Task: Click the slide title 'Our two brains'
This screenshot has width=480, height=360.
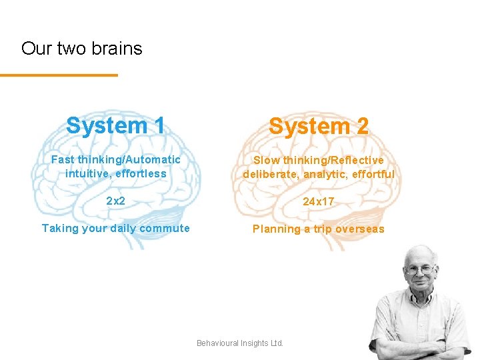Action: pyautogui.click(x=81, y=49)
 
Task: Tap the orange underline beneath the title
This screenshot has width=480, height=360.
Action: pyautogui.click(x=59, y=75)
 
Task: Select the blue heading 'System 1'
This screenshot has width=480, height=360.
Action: pyautogui.click(x=116, y=125)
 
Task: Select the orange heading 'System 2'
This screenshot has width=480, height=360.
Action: pyautogui.click(x=319, y=126)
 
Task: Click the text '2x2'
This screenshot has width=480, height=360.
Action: pyautogui.click(x=116, y=201)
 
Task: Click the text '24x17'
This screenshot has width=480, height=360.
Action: pyautogui.click(x=319, y=201)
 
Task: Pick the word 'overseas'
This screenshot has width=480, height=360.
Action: pyautogui.click(x=359, y=229)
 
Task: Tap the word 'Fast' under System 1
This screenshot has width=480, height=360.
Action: pyautogui.click(x=63, y=160)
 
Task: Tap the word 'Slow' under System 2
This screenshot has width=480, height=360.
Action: pyautogui.click(x=266, y=161)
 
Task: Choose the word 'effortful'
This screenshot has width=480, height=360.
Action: pyautogui.click(x=371, y=175)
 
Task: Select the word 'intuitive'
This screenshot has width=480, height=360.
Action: pyautogui.click(x=87, y=174)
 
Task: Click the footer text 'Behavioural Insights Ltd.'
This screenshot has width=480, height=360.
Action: pyautogui.click(x=240, y=343)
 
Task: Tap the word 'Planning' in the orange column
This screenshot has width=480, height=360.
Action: pyautogui.click(x=275, y=229)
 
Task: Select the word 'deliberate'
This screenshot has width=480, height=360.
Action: pyautogui.click(x=269, y=175)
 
